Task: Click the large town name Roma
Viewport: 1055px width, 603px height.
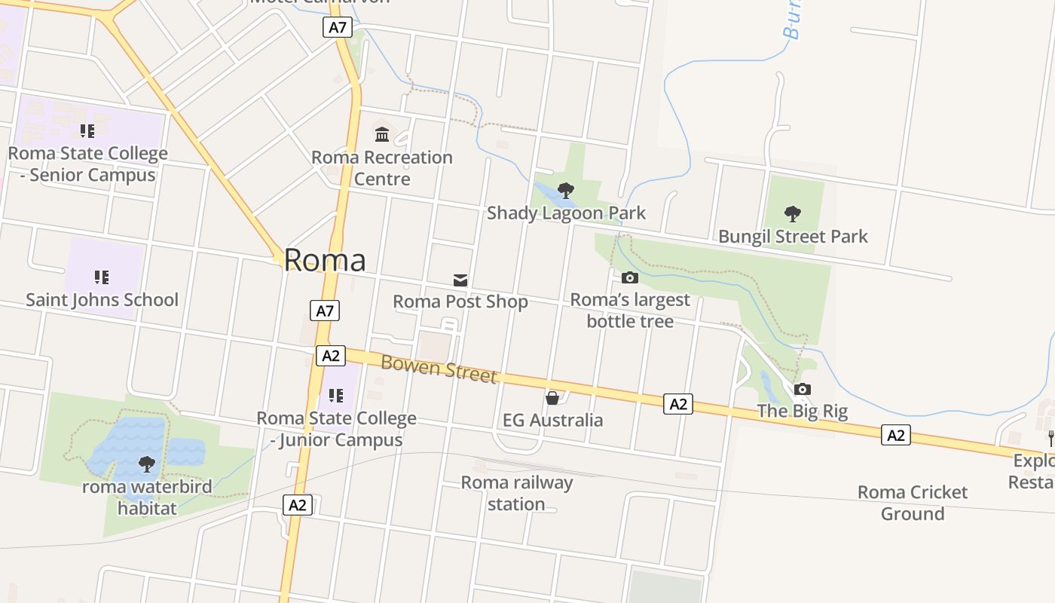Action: click(x=325, y=260)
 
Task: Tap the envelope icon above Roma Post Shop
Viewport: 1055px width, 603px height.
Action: click(x=460, y=280)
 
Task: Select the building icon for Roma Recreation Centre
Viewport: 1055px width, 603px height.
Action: click(x=382, y=135)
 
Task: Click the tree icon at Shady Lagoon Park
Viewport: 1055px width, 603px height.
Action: click(x=565, y=190)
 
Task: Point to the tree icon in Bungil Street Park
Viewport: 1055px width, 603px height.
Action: click(x=792, y=213)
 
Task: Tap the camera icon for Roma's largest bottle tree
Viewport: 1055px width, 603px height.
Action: click(x=630, y=277)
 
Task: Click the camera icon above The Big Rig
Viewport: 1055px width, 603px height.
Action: click(x=803, y=389)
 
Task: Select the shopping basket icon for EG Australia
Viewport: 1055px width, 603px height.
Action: click(x=552, y=397)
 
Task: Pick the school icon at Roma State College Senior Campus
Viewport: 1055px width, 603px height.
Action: click(x=87, y=131)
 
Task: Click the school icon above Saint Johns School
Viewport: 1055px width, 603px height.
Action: click(x=102, y=277)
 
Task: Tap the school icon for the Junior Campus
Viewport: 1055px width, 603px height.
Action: click(x=336, y=395)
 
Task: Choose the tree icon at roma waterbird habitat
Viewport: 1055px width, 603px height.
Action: click(x=147, y=464)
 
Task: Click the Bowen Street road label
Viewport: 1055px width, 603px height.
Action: click(x=439, y=369)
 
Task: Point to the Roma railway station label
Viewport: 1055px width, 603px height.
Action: click(x=517, y=493)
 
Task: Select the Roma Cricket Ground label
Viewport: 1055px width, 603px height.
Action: click(x=913, y=503)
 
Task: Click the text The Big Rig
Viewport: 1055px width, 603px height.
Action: click(x=802, y=412)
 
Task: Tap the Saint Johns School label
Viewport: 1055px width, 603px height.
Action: click(x=102, y=300)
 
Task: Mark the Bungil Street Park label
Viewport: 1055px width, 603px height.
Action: click(x=793, y=237)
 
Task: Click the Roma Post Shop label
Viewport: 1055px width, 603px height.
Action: click(x=460, y=302)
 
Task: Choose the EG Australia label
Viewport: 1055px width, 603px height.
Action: click(x=553, y=420)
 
